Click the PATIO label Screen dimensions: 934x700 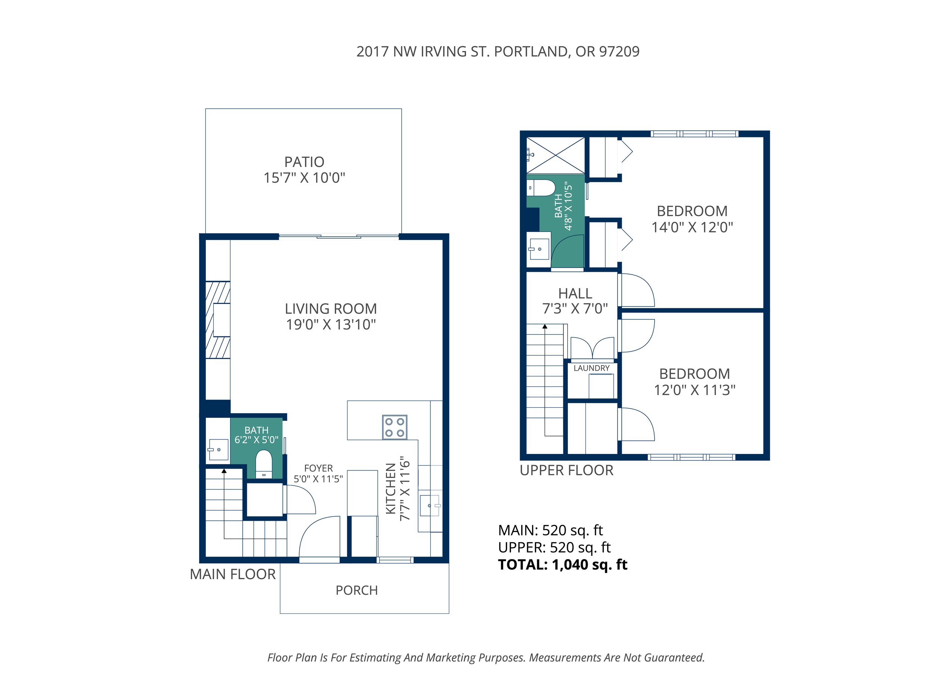tap(304, 162)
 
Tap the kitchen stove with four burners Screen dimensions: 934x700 tap(395, 427)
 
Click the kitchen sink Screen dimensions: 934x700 tap(430, 505)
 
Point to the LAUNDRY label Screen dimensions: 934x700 tap(591, 368)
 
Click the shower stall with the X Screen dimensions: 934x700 tap(555, 155)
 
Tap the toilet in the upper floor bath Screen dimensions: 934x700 tap(541, 188)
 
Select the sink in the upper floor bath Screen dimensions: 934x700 tap(538, 249)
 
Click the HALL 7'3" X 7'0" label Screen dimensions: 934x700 tap(575, 301)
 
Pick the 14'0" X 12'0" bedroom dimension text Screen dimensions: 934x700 tap(692, 227)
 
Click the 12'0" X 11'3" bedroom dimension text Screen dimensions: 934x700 tap(695, 390)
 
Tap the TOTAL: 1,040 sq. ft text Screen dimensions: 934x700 tap(563, 564)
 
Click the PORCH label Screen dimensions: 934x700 tap(357, 590)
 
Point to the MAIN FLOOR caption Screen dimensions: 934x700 tap(233, 574)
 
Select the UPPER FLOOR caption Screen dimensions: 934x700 tap(567, 470)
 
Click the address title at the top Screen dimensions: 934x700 tap(498, 52)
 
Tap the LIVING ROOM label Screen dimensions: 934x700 tap(331, 309)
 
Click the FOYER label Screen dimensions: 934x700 tap(318, 469)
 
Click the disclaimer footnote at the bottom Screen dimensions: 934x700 tap(486, 657)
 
